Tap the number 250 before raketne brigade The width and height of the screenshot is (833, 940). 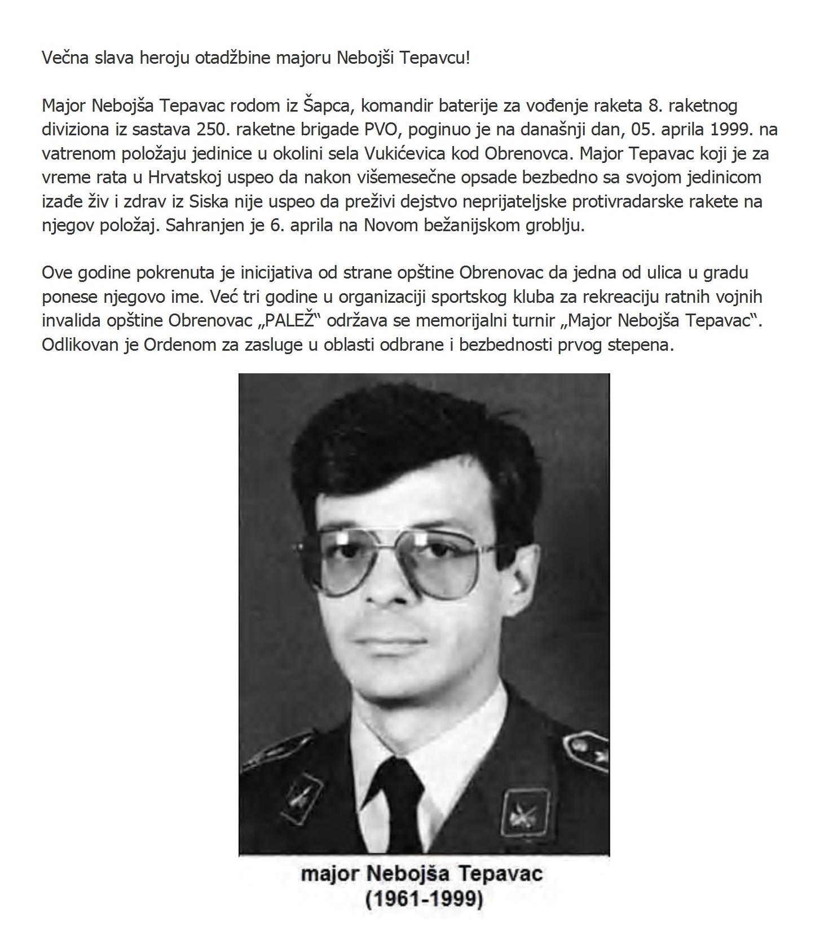click(x=211, y=129)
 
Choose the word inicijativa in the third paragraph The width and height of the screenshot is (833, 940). click(x=280, y=272)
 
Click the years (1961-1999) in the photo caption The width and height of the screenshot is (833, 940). click(x=424, y=898)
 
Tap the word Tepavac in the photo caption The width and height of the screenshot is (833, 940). click(x=501, y=874)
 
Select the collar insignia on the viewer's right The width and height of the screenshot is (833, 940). click(x=525, y=815)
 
